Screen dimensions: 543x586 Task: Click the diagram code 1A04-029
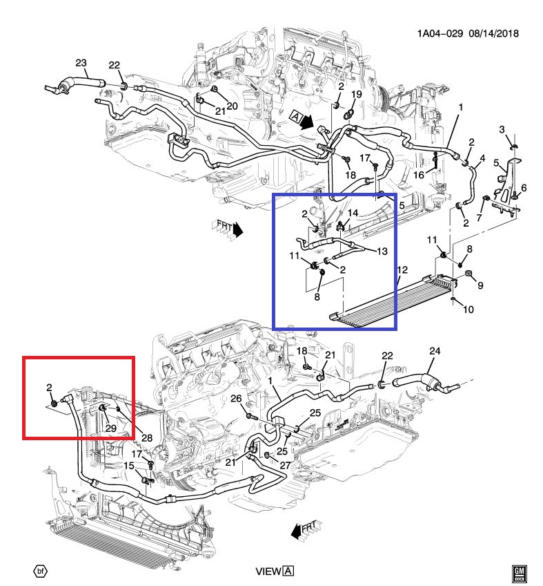point(440,33)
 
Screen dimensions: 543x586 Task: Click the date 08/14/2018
point(494,33)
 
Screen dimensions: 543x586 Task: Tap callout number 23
point(81,63)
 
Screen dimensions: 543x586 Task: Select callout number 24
point(435,351)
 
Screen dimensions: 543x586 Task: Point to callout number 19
point(357,94)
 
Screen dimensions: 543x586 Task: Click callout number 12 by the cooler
point(402,270)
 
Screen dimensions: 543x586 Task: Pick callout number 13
point(382,251)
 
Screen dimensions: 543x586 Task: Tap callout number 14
point(353,213)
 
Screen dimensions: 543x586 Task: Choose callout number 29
point(111,428)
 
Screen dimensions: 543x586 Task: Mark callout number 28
point(147,437)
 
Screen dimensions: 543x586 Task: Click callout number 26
point(236,399)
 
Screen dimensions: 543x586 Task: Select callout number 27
point(285,465)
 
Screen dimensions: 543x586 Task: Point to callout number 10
point(468,310)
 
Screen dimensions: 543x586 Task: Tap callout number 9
point(480,285)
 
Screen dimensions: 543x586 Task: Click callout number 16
point(419,175)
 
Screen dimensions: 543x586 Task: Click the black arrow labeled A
point(302,120)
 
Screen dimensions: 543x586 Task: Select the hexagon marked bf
point(41,571)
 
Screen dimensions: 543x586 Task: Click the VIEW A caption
point(275,571)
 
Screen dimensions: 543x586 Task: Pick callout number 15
point(129,466)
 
